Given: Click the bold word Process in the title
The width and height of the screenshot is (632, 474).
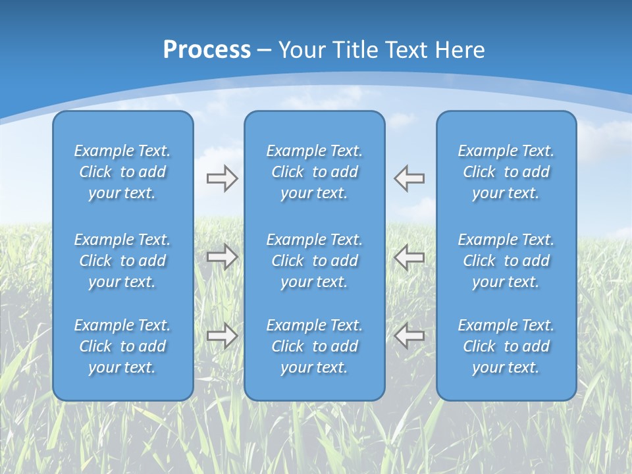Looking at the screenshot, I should coord(207,50).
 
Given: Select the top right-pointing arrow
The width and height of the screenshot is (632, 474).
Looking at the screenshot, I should coord(222,178).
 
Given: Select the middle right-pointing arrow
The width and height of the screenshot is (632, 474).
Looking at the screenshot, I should coord(222,257).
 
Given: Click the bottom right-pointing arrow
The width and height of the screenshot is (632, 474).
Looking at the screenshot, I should coord(222,336).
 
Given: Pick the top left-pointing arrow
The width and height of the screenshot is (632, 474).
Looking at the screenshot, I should coord(409,178).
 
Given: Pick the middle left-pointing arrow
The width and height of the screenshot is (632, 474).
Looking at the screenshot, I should coord(409,257).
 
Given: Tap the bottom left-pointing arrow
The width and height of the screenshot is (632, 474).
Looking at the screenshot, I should coord(409,336).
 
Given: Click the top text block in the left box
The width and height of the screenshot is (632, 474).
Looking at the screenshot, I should coord(122,172).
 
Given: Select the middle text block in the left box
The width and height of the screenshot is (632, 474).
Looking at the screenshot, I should coord(122,261).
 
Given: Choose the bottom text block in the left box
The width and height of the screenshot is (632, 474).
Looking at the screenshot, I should coord(122,346).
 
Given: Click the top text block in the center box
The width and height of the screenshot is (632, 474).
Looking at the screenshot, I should coord(314,172).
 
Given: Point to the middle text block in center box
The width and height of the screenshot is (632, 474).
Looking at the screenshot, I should coord(314,261).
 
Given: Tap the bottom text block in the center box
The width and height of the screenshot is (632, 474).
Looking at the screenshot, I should coord(314,346).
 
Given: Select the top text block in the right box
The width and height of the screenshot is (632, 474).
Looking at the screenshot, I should coord(506,172).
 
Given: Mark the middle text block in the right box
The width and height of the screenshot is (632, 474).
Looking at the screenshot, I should coord(506,261).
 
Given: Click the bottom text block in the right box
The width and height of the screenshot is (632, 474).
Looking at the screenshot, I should coord(506,346).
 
